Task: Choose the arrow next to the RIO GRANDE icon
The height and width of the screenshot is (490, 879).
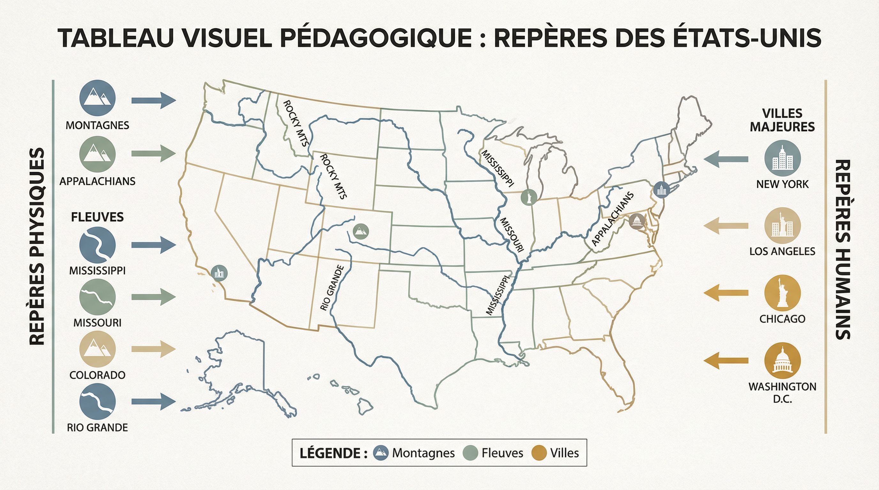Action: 154,401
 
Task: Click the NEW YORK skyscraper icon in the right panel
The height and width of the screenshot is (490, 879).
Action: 783,158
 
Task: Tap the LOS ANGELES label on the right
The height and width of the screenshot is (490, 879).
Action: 782,251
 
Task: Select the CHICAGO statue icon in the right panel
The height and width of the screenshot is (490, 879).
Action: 782,293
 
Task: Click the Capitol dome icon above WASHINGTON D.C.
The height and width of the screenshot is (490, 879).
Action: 782,360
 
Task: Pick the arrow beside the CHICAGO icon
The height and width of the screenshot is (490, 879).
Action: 726,293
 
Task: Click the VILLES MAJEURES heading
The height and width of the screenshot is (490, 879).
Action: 782,120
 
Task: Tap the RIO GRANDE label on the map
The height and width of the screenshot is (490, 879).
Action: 332,288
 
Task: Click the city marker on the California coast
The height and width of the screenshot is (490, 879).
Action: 219,273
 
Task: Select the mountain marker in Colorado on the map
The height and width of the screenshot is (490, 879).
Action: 361,231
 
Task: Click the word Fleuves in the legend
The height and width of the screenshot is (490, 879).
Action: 502,453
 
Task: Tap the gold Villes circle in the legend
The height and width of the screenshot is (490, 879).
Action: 539,453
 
